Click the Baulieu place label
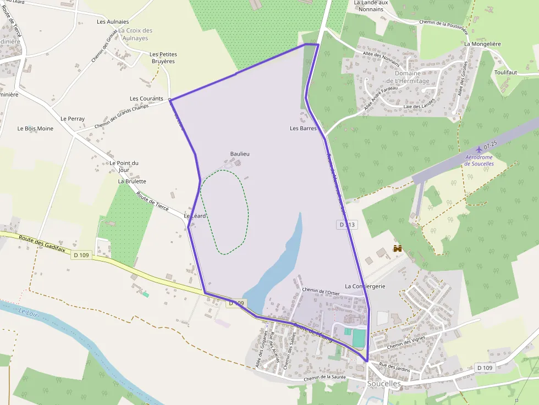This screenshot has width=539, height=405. [x=239, y=154]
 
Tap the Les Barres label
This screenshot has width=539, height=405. [x=303, y=129]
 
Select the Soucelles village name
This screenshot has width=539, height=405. [x=384, y=384]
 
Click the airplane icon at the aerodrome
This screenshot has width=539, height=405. [x=479, y=149]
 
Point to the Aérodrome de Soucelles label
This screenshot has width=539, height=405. [x=479, y=160]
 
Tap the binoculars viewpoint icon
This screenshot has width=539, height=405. [x=397, y=248]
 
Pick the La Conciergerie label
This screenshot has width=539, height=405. [x=365, y=286]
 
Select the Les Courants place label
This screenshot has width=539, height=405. [x=146, y=99]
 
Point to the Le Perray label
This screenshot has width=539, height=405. [x=73, y=119]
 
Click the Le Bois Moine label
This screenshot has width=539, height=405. [x=35, y=129]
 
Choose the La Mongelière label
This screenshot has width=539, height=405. [x=482, y=43]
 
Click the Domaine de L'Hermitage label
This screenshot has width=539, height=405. [x=408, y=77]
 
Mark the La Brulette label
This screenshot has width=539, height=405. [x=132, y=181]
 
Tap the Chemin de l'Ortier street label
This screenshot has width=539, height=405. [x=321, y=292]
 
